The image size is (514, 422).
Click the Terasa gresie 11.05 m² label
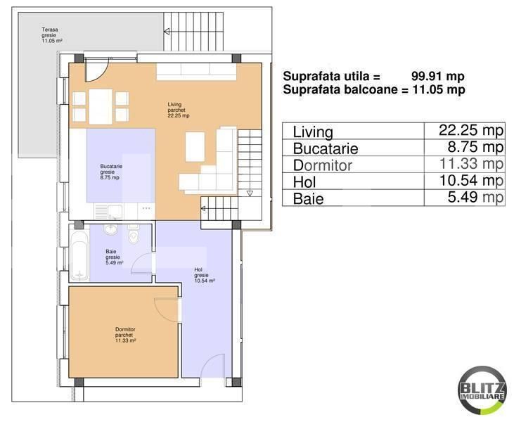(x=52, y=35)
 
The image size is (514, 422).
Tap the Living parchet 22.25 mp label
(x=179, y=110)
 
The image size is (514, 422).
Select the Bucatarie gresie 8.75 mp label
(x=111, y=172)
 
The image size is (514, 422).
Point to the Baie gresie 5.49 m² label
(x=115, y=257)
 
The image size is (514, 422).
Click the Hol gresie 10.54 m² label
(x=205, y=275)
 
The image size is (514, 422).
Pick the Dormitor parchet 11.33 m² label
(x=125, y=335)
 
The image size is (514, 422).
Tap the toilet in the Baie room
(x=134, y=234)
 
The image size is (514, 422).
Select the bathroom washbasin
(x=110, y=229)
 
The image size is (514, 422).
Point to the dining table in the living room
(x=101, y=107)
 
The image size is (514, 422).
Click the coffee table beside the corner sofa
(x=195, y=146)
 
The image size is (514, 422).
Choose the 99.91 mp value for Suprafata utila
(x=437, y=77)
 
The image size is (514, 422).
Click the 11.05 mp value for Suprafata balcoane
(x=439, y=89)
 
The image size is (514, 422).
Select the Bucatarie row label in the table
(x=326, y=148)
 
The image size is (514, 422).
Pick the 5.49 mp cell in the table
(x=475, y=198)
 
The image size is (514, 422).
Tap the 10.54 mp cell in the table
(x=471, y=181)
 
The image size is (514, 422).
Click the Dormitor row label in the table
(x=323, y=165)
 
